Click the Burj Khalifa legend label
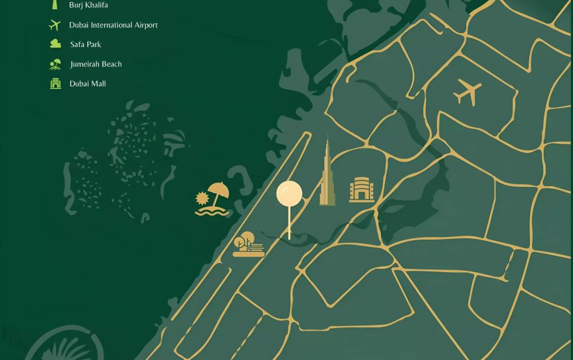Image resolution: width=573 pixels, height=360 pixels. pyautogui.click(x=89, y=5)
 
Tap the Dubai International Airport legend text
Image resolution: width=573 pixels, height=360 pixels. pyautogui.click(x=113, y=25)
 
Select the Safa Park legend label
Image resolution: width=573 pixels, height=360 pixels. pyautogui.click(x=85, y=44)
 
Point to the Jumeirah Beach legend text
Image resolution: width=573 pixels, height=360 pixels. pyautogui.click(x=96, y=64)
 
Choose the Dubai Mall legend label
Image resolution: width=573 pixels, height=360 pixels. pyautogui.click(x=87, y=83)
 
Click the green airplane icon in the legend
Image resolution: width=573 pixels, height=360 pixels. pyautogui.click(x=55, y=25)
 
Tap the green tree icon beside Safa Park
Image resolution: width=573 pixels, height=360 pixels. pyautogui.click(x=56, y=44)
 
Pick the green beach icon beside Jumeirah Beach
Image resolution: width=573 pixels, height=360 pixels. pyautogui.click(x=55, y=64)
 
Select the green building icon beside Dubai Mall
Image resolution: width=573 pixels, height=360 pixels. pyautogui.click(x=55, y=83)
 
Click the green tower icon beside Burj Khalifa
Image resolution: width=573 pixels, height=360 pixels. pyautogui.click(x=55, y=5)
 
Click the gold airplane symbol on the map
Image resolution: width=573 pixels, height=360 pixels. pyautogui.click(x=468, y=92)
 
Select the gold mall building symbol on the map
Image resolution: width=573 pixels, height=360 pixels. pyautogui.click(x=361, y=189)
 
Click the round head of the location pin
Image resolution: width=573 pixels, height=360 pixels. pyautogui.click(x=289, y=194)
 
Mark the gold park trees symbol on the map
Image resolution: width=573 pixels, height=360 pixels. pyautogui.click(x=247, y=244)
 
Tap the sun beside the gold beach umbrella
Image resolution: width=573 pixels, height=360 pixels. pyautogui.click(x=202, y=198)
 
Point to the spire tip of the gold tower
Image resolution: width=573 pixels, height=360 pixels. pyautogui.click(x=327, y=137)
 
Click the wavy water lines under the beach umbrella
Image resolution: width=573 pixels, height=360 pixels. pyautogui.click(x=212, y=211)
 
